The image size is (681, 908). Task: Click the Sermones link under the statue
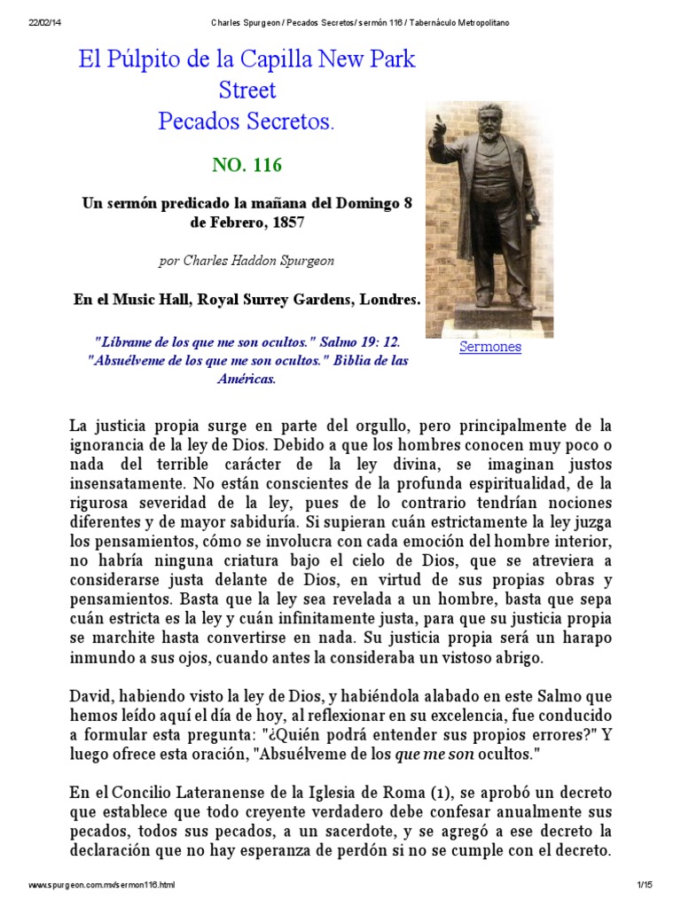pos(489,347)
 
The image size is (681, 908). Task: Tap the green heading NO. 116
pos(247,165)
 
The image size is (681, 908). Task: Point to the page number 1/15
pos(644,885)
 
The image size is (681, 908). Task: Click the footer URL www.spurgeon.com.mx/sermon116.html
pos(102,885)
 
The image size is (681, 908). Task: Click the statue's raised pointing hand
pos(437,124)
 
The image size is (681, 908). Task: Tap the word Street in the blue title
pos(247,90)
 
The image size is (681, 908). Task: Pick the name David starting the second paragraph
pos(90,698)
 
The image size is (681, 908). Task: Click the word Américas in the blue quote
pos(247,379)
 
